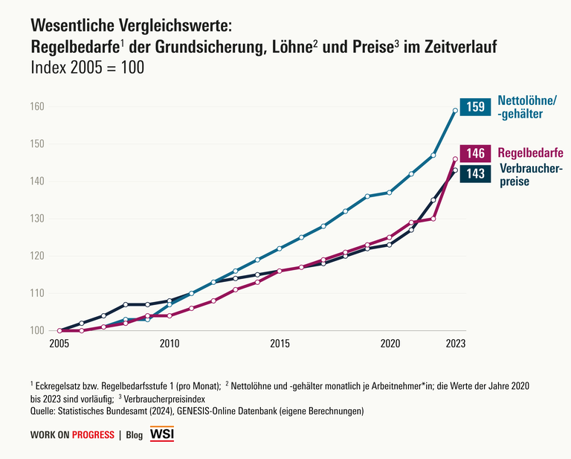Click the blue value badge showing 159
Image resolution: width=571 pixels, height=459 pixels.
[x=474, y=106]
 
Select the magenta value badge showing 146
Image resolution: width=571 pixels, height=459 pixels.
[x=474, y=153]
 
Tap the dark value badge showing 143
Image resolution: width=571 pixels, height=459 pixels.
[x=474, y=173]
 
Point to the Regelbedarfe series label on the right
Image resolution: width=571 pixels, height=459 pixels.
[x=530, y=153]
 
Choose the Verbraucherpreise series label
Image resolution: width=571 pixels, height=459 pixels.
[x=529, y=175]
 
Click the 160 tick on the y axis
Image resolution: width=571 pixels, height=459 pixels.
[x=38, y=107]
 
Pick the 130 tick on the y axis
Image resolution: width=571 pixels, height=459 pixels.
[x=38, y=219]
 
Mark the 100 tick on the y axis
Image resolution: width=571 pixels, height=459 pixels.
[x=38, y=330]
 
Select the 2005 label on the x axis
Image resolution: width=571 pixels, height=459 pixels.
[x=59, y=344]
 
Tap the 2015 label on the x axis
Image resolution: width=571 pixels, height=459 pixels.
[x=280, y=344]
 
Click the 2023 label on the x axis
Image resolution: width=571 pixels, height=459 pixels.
[x=456, y=344]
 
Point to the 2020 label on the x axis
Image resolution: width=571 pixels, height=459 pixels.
[x=390, y=344]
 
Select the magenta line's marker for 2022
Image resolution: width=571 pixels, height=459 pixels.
[x=433, y=219]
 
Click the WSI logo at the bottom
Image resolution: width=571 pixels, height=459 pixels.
[x=162, y=434]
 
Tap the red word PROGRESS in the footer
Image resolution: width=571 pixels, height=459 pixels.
[x=93, y=435]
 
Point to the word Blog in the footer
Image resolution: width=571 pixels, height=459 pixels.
[x=135, y=435]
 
